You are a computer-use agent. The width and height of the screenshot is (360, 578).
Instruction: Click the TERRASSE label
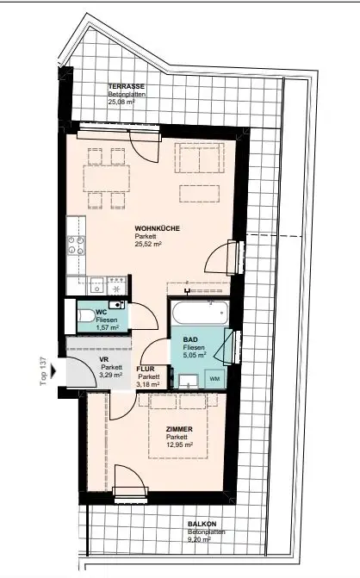click(x=125, y=87)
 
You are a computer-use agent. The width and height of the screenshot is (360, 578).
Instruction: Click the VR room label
click(x=103, y=361)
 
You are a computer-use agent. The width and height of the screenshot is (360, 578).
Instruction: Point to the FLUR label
click(x=146, y=368)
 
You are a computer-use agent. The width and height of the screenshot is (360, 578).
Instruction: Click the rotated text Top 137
click(x=43, y=372)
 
